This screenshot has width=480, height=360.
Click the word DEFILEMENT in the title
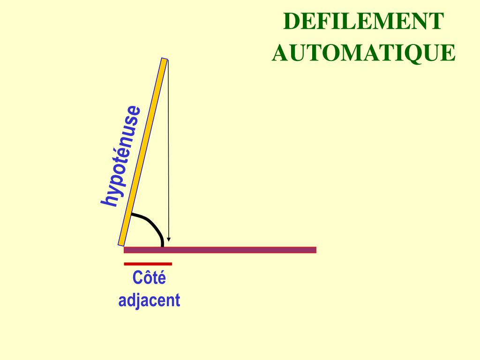pyautogui.click(x=364, y=22)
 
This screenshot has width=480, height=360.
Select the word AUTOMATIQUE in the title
pyautogui.click(x=364, y=52)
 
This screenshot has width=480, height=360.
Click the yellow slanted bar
pyautogui.click(x=142, y=152)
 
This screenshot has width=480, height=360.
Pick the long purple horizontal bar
pyautogui.click(x=220, y=250)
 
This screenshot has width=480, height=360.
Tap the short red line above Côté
pyautogui.click(x=148, y=264)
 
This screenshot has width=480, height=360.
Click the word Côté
pyautogui.click(x=149, y=278)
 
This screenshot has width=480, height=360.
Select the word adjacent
pyautogui.click(x=149, y=300)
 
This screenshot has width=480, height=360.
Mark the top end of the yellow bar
pyautogui.click(x=164, y=60)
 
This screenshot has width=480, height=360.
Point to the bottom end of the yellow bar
pyautogui.click(x=121, y=243)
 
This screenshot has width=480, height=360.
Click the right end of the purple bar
pyautogui.click(x=315, y=250)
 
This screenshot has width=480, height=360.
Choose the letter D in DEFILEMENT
pyautogui.click(x=291, y=22)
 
